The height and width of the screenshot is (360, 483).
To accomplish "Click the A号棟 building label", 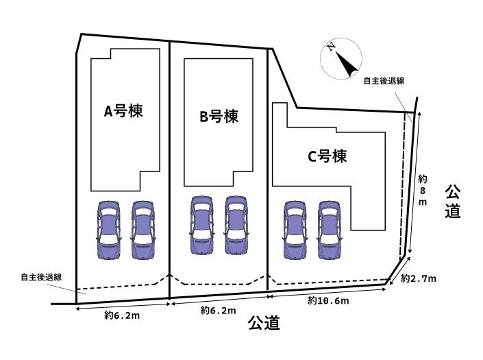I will point(123,111).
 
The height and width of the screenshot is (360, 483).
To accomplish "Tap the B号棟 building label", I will point(219,117).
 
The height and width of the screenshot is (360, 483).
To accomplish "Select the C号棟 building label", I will point(327,156).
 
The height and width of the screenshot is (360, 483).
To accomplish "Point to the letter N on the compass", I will point(331,47).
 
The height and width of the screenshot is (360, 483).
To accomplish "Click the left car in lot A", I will point(109,230).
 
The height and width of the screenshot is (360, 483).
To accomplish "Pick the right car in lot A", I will point(143,230).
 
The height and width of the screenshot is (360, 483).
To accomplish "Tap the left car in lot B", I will point(202,227).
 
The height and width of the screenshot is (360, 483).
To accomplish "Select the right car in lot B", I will point(236,227).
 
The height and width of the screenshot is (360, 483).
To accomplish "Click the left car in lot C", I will point(295,230).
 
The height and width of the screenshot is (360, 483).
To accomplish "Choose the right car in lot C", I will point(329,230).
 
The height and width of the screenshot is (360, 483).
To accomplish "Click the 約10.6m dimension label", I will point(328,301).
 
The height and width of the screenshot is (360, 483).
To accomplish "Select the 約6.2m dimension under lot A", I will point(123,316).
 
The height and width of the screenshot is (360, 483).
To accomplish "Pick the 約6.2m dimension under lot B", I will point(218,311).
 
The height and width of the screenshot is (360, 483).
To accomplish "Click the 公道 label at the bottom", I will point(264,323).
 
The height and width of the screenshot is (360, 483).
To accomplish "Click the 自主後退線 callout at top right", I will point(384,80).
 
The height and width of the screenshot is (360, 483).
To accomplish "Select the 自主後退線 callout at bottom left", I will point(41,277).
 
